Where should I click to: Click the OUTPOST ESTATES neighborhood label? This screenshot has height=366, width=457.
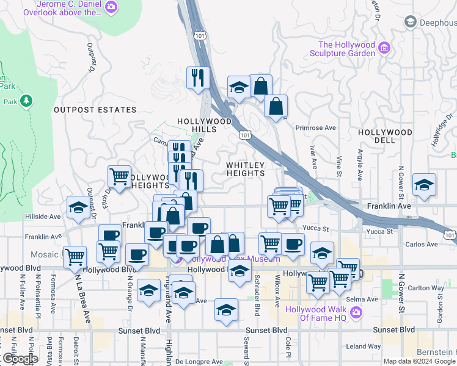95,110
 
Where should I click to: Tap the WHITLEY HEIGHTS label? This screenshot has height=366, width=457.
246,169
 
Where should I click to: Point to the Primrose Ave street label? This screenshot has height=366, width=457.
316,128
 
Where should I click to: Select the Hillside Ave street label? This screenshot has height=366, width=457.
42,217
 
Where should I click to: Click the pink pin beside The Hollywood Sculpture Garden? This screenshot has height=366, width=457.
384,48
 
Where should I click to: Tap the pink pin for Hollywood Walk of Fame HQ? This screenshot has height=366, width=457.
357,313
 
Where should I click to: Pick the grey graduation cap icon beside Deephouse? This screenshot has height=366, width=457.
410,23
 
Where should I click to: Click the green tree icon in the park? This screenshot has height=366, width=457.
26,100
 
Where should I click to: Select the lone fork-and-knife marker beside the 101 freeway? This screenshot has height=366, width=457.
199,77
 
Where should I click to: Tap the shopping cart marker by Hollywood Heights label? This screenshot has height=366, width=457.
119,176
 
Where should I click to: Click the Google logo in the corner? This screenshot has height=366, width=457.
20,359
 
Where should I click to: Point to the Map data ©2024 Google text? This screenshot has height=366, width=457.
419,361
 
